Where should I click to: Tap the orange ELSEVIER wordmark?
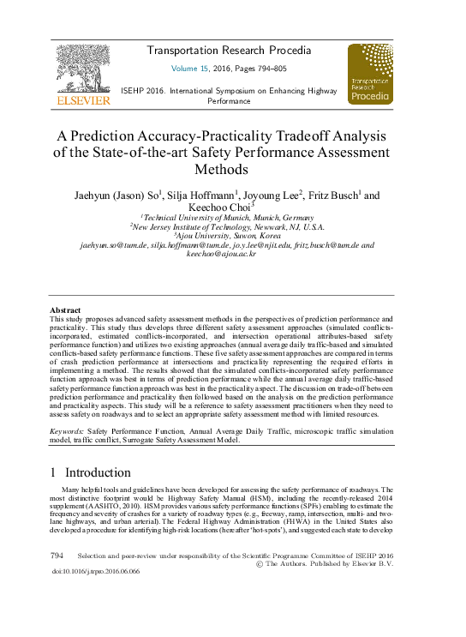coord(83,100)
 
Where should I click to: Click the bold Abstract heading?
coord(65,309)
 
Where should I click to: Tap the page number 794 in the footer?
coord(57,556)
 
